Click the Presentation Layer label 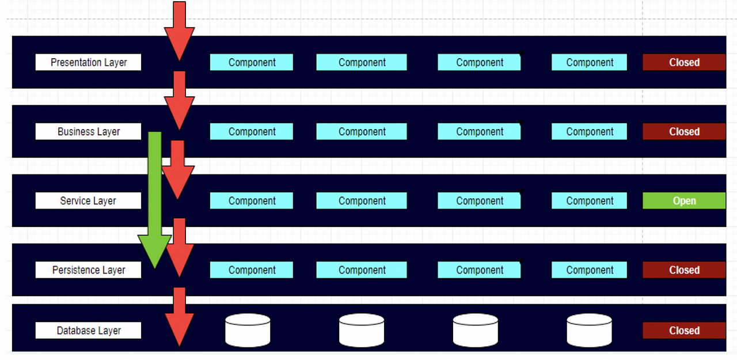click(88, 62)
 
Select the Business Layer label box click(88, 131)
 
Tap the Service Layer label click(88, 200)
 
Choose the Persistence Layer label click(88, 270)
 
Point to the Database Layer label click(88, 330)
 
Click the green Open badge click(684, 200)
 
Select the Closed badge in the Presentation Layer click(684, 62)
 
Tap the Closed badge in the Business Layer click(684, 131)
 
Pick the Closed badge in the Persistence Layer click(684, 270)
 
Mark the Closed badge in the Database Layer click(684, 330)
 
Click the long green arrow click(154, 196)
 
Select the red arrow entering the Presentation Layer click(179, 29)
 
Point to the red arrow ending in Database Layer click(179, 317)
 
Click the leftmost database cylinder click(248, 330)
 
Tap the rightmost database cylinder click(589, 330)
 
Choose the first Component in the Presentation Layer click(251, 62)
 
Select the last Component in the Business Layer click(589, 131)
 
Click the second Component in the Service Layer click(361, 200)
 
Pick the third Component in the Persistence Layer click(479, 270)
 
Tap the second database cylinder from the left click(361, 330)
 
